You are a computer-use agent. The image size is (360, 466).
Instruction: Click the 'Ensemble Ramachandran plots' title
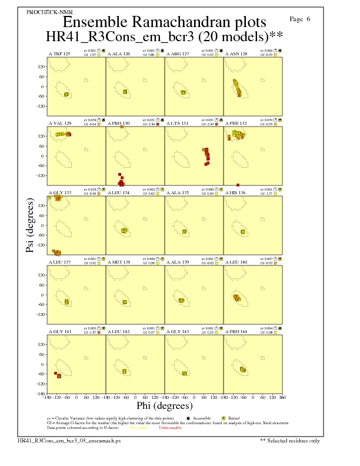click(x=164, y=22)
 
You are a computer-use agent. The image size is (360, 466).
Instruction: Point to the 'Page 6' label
click(x=301, y=19)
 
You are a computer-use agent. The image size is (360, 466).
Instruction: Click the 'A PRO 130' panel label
click(x=119, y=124)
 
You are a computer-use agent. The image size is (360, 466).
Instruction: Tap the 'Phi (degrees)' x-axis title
click(x=164, y=406)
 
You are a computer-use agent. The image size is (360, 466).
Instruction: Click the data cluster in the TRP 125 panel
click(x=66, y=94)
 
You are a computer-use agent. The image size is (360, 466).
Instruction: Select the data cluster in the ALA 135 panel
click(x=184, y=231)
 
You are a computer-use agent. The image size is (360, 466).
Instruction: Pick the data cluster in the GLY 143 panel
click(x=184, y=373)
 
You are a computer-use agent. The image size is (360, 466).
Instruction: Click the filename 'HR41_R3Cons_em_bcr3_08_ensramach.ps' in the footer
click(x=69, y=440)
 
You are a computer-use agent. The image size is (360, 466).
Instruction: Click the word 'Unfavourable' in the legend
click(x=169, y=428)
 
